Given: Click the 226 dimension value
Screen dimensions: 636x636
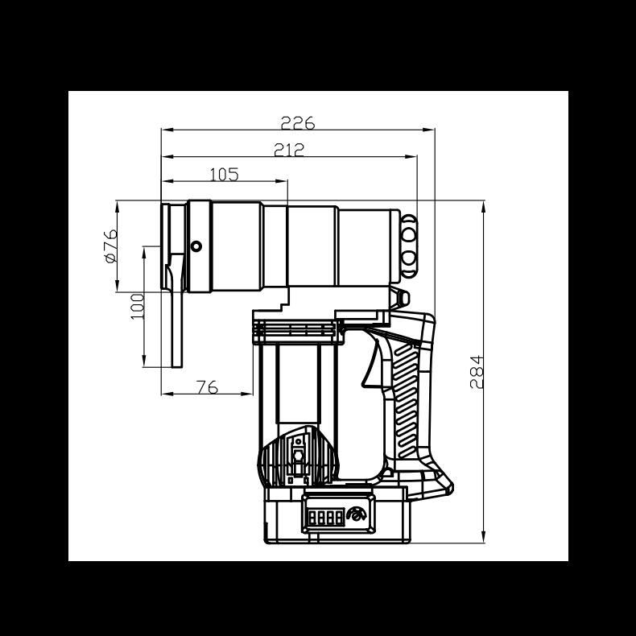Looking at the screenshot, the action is (298, 123).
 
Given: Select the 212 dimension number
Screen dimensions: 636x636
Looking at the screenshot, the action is (289, 150).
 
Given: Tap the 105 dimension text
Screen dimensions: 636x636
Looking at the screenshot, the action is (224, 175).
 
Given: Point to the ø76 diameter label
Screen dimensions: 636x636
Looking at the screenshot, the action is (111, 246).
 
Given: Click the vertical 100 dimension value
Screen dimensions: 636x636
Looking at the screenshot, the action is (138, 307).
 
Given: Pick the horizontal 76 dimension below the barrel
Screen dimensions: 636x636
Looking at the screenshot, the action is (207, 387).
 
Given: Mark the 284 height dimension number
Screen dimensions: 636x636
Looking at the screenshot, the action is (477, 372).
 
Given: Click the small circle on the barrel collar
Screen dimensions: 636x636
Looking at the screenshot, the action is (196, 246).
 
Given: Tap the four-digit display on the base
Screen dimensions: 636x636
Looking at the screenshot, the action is (326, 518).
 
